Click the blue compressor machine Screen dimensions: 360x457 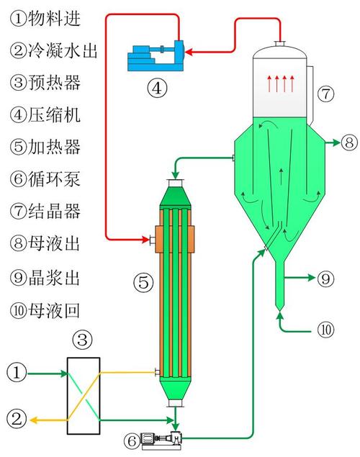(156, 55)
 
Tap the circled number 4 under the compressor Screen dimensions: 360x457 (157, 88)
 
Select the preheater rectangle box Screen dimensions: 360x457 (84, 396)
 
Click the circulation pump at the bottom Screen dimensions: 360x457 (161, 440)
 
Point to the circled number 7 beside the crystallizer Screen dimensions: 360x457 (325, 94)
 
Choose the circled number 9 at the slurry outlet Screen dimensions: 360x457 (325, 279)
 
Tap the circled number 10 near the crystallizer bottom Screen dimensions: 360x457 (325, 330)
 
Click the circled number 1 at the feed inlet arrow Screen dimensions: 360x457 (17, 373)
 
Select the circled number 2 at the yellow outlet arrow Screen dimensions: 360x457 (17, 419)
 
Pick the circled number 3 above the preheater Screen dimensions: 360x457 (83, 340)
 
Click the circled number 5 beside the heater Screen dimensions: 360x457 (143, 282)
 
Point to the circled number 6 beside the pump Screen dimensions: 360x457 (132, 441)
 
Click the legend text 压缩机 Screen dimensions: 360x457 (54, 114)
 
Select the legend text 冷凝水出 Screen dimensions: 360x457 (63, 50)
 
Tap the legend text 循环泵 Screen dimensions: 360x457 (54, 178)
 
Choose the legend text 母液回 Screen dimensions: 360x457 (54, 310)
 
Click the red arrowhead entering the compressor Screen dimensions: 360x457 (189, 53)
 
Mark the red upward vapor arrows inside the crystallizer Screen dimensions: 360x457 (281, 83)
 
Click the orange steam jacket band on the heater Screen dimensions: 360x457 (175, 239)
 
